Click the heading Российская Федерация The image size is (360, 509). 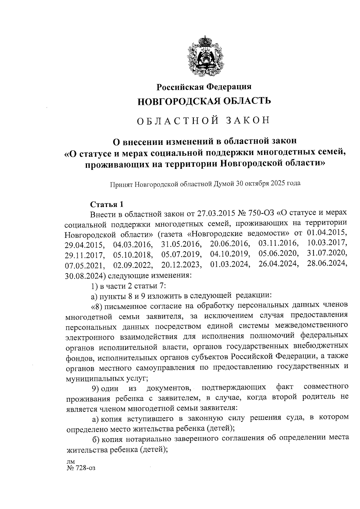pos(204,87)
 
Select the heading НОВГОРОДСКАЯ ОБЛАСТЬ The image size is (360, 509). pos(204,101)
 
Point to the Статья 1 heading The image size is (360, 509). pos(107,205)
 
